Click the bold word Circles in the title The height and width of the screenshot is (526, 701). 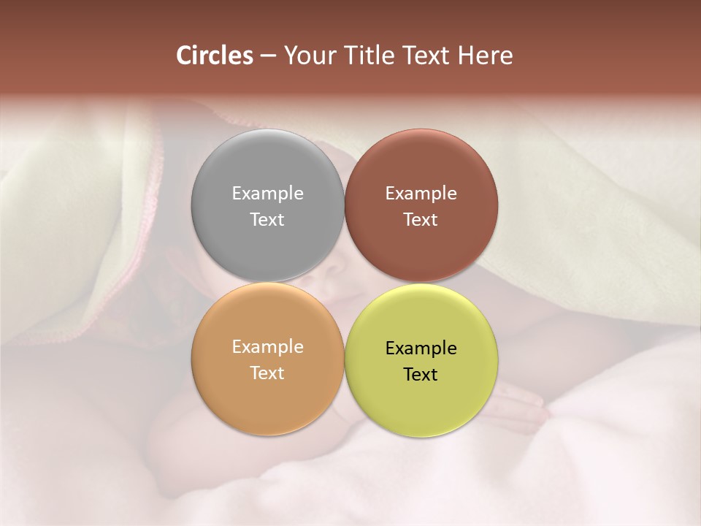[215, 56]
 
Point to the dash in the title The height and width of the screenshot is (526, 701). [268, 56]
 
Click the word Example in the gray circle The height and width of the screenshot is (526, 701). [267, 194]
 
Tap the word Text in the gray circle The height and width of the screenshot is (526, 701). [267, 219]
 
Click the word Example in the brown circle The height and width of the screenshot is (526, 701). [421, 194]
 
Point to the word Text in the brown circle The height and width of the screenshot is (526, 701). [421, 219]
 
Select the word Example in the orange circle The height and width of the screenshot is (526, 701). [267, 347]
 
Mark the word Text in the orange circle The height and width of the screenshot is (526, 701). [267, 373]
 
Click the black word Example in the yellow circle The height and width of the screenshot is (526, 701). [421, 348]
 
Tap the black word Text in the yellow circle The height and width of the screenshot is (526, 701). [421, 374]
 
